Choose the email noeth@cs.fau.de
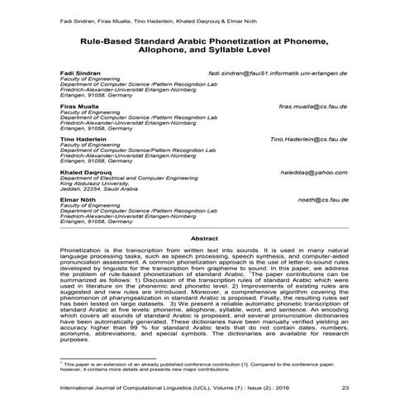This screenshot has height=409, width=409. pos(322,199)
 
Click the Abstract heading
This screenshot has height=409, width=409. pos(205,238)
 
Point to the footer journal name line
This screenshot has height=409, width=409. pos(157,388)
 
